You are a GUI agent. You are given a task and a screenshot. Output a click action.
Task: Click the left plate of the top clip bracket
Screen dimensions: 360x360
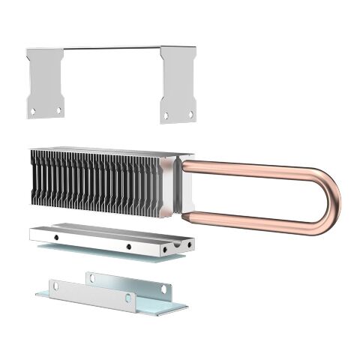[x=44, y=82]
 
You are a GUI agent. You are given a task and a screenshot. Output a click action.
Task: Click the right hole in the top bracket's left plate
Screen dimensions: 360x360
[x=58, y=110]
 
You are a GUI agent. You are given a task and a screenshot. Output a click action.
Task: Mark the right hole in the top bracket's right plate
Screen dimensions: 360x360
[x=190, y=114]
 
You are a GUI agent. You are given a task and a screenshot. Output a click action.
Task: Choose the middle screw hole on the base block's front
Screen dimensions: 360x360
[x=128, y=246]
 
